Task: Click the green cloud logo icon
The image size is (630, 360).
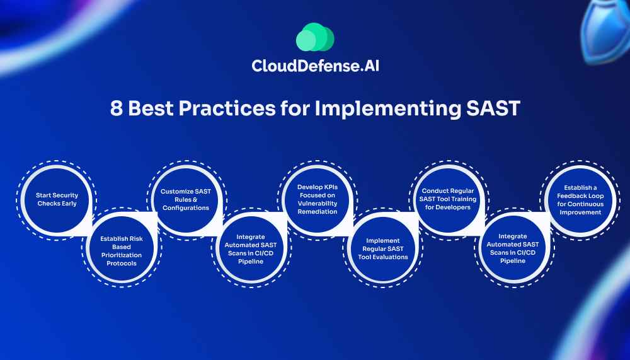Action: (315, 37)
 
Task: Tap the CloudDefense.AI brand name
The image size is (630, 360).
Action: (316, 66)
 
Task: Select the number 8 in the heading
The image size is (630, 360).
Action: (116, 108)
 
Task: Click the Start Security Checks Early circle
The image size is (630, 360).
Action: (57, 200)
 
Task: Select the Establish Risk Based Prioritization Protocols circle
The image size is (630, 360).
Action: (122, 248)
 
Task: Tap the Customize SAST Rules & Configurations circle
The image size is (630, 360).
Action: (186, 200)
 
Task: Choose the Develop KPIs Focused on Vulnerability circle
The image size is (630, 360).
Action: (318, 200)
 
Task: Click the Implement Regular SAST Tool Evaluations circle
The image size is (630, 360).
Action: (382, 248)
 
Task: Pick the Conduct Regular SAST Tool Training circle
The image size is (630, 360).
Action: (447, 200)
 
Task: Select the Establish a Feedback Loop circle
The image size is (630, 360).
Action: (580, 200)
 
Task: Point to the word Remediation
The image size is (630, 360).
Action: (318, 212)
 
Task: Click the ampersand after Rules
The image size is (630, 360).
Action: (195, 199)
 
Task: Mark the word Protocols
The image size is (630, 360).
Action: (122, 264)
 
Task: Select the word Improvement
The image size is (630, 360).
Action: (580, 212)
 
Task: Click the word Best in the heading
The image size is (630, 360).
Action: (151, 108)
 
